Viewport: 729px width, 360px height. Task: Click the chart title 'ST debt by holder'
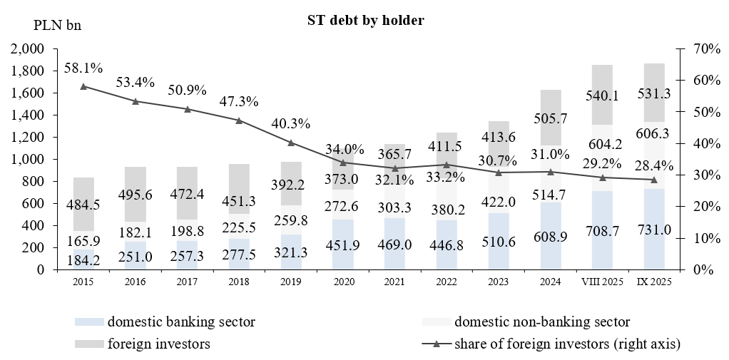pyautogui.click(x=362, y=21)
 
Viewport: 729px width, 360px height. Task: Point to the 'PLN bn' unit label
pyautogui.click(x=58, y=26)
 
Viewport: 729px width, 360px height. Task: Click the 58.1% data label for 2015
pyautogui.click(x=83, y=68)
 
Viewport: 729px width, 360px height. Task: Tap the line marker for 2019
pyautogui.click(x=291, y=143)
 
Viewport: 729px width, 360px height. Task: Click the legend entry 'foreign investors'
pyautogui.click(x=151, y=344)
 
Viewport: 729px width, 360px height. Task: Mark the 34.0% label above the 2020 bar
pyautogui.click(x=342, y=150)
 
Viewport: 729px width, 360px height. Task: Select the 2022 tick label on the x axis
pyautogui.click(x=447, y=282)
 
